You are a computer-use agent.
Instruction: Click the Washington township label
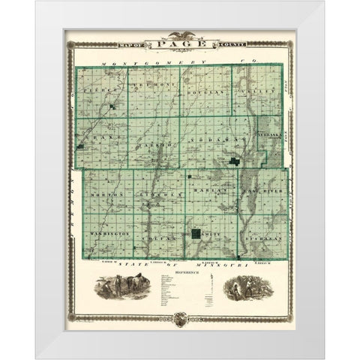[x=109, y=233]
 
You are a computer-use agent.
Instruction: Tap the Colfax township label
[x=159, y=237]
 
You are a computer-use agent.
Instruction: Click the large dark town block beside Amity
[x=195, y=235]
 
